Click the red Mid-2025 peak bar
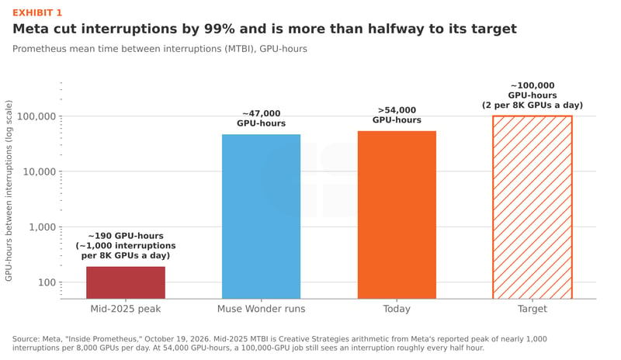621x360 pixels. coord(126,282)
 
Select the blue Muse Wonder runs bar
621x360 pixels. coord(261,216)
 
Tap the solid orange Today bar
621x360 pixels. coord(397,215)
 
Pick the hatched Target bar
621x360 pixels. coord(533,207)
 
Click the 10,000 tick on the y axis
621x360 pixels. coord(40,172)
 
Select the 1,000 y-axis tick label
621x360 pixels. coord(43,227)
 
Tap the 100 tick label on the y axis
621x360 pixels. coord(47,282)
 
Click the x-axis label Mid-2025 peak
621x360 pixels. coord(126,309)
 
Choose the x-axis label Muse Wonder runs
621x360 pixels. coord(261,309)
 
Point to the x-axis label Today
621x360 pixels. coord(397,309)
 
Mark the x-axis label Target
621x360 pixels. coord(533,309)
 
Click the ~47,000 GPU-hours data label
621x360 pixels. coord(261,119)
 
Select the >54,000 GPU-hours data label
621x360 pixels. coord(397,116)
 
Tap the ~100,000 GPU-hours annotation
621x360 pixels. coord(533,95)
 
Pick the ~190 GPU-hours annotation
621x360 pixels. coord(126,246)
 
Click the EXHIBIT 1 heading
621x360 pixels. coord(37,13)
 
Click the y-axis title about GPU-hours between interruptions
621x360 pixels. coord(9,191)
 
